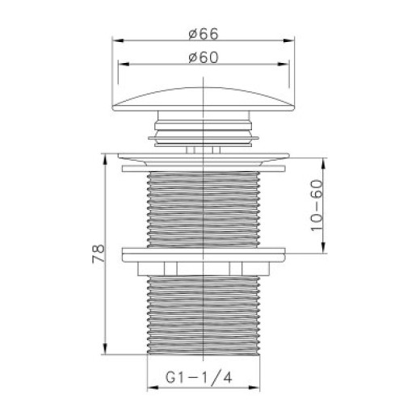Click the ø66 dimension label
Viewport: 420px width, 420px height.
(x=204, y=34)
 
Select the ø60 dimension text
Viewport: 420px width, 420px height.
(x=204, y=57)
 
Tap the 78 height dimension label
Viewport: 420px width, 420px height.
(x=99, y=254)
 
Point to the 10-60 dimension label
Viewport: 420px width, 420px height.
(x=317, y=205)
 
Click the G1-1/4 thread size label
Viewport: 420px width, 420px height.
(x=199, y=377)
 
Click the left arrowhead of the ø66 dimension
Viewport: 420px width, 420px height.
(x=118, y=40)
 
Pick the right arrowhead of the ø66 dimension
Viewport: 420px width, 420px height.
(x=288, y=40)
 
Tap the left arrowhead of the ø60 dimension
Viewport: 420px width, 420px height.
(x=124, y=64)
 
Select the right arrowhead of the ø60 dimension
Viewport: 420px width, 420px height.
(x=283, y=64)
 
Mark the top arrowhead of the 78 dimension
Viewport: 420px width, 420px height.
(x=105, y=160)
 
